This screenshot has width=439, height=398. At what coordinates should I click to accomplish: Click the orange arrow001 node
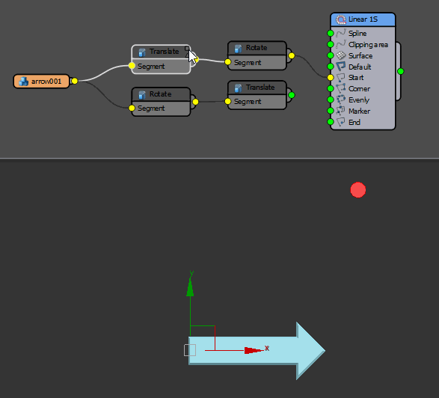click(x=41, y=82)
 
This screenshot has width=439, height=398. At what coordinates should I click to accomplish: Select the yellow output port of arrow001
click(x=75, y=81)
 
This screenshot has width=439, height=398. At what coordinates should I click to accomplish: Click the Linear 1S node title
click(x=363, y=19)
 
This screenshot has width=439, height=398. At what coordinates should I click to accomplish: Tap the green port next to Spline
click(x=331, y=34)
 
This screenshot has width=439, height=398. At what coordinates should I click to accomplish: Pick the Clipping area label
click(x=368, y=45)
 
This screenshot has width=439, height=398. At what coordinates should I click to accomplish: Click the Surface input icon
click(x=341, y=55)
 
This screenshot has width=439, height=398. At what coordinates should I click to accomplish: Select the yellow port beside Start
click(x=331, y=77)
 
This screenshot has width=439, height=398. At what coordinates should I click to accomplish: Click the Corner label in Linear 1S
click(x=359, y=89)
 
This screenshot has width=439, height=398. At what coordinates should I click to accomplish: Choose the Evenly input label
click(x=359, y=100)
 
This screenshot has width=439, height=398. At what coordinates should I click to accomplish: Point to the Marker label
click(x=359, y=111)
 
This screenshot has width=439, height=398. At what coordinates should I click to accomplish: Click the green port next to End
click(x=331, y=122)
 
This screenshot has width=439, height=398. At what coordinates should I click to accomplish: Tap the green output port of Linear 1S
click(x=401, y=71)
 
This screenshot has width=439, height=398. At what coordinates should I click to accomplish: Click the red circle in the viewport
click(x=358, y=190)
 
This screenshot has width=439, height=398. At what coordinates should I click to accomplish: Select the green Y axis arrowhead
click(x=190, y=287)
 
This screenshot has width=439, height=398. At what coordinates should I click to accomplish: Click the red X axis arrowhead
click(x=254, y=350)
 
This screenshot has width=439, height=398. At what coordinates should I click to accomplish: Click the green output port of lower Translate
click(x=292, y=95)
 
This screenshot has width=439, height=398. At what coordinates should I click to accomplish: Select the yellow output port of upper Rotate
click(x=292, y=55)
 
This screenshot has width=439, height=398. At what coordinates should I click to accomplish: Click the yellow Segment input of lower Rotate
click(x=132, y=108)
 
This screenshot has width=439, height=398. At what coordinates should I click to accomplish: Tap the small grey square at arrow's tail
click(x=190, y=350)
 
